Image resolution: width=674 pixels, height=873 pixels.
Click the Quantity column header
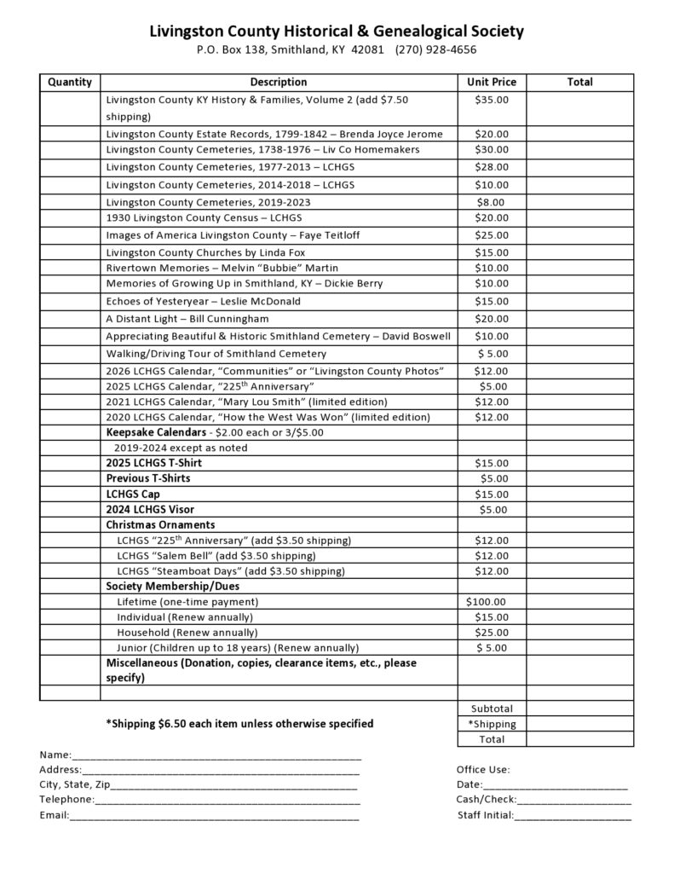click(x=70, y=82)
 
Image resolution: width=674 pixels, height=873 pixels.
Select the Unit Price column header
click(x=492, y=82)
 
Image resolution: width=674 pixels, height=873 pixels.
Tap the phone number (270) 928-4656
click(x=435, y=49)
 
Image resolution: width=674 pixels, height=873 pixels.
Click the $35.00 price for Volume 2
click(x=492, y=100)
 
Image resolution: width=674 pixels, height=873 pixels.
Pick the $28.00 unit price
click(x=492, y=167)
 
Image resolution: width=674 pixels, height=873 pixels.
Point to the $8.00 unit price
click(x=492, y=202)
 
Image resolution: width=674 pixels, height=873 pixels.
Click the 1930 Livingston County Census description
click(x=204, y=218)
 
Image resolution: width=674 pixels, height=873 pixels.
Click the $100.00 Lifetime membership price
click(x=486, y=602)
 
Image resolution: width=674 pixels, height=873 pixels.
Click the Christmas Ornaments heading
click(x=160, y=524)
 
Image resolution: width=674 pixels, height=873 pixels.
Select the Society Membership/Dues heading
click(x=172, y=587)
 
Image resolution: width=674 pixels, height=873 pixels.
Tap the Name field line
click(x=217, y=755)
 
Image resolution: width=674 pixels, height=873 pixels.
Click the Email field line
click(x=214, y=816)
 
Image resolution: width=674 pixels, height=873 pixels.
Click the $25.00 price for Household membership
click(x=492, y=633)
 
